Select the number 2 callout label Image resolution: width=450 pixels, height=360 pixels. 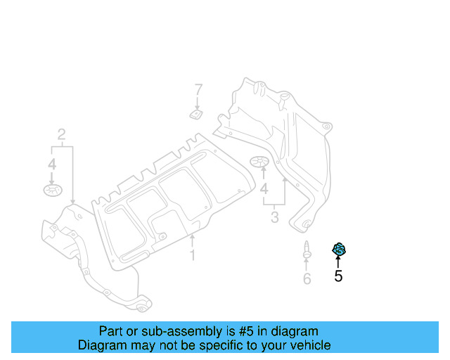[x=62, y=134]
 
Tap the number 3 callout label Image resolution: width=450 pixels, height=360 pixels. [x=274, y=217]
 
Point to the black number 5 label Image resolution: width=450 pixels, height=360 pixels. [x=338, y=276]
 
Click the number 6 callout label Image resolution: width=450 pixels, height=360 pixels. [x=307, y=279]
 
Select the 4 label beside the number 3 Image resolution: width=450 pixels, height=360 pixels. [x=264, y=190]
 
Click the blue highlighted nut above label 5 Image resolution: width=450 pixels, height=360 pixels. [x=339, y=249]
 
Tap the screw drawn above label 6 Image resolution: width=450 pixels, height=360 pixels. [x=307, y=250]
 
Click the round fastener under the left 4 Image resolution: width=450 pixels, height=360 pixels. [x=52, y=189]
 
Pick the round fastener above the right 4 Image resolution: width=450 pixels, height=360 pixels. [x=261, y=163]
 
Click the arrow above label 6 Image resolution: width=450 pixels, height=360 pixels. [x=307, y=265]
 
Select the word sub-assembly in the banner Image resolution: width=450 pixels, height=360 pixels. [x=161, y=331]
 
